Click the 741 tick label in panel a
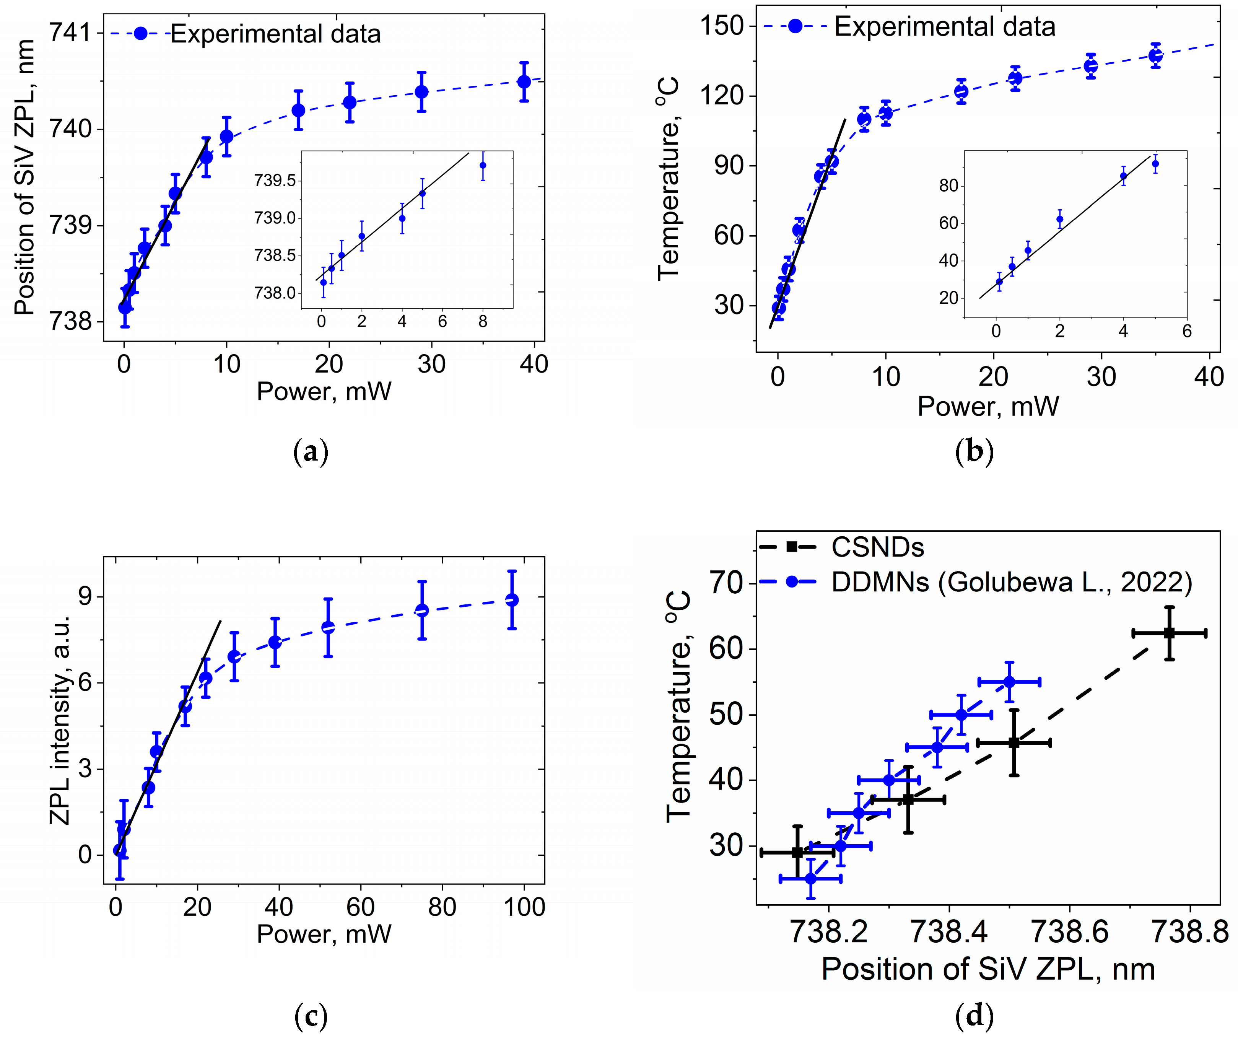70,33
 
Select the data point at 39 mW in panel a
524,81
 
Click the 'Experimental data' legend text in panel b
944,27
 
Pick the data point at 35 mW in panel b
1155,55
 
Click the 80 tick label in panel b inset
948,186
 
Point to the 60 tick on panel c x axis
360,907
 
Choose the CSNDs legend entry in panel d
877,547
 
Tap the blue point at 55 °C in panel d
1009,682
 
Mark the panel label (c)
310,1016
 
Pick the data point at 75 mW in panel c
422,610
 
